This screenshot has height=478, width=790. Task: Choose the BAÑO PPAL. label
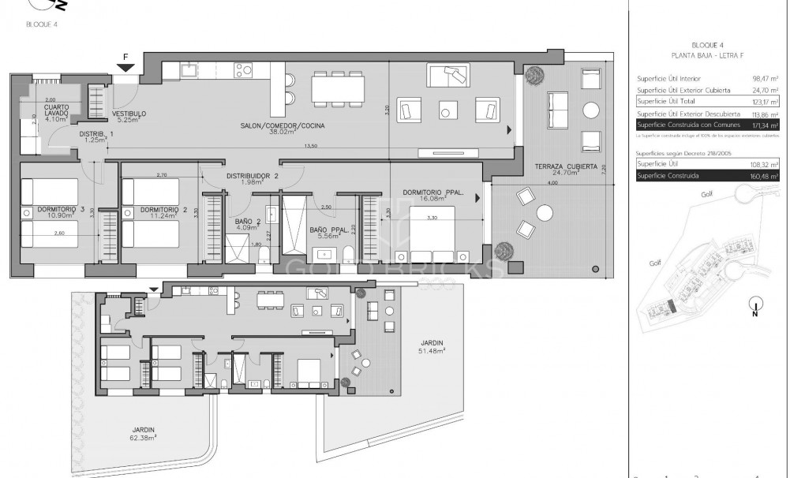(x=329, y=230)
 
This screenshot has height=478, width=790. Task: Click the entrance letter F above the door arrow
(x=125, y=58)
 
